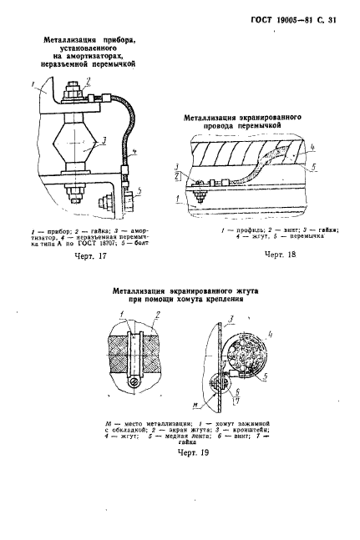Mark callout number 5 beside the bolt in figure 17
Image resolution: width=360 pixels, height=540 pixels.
(x=138, y=190)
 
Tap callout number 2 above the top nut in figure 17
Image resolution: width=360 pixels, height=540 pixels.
(x=87, y=81)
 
